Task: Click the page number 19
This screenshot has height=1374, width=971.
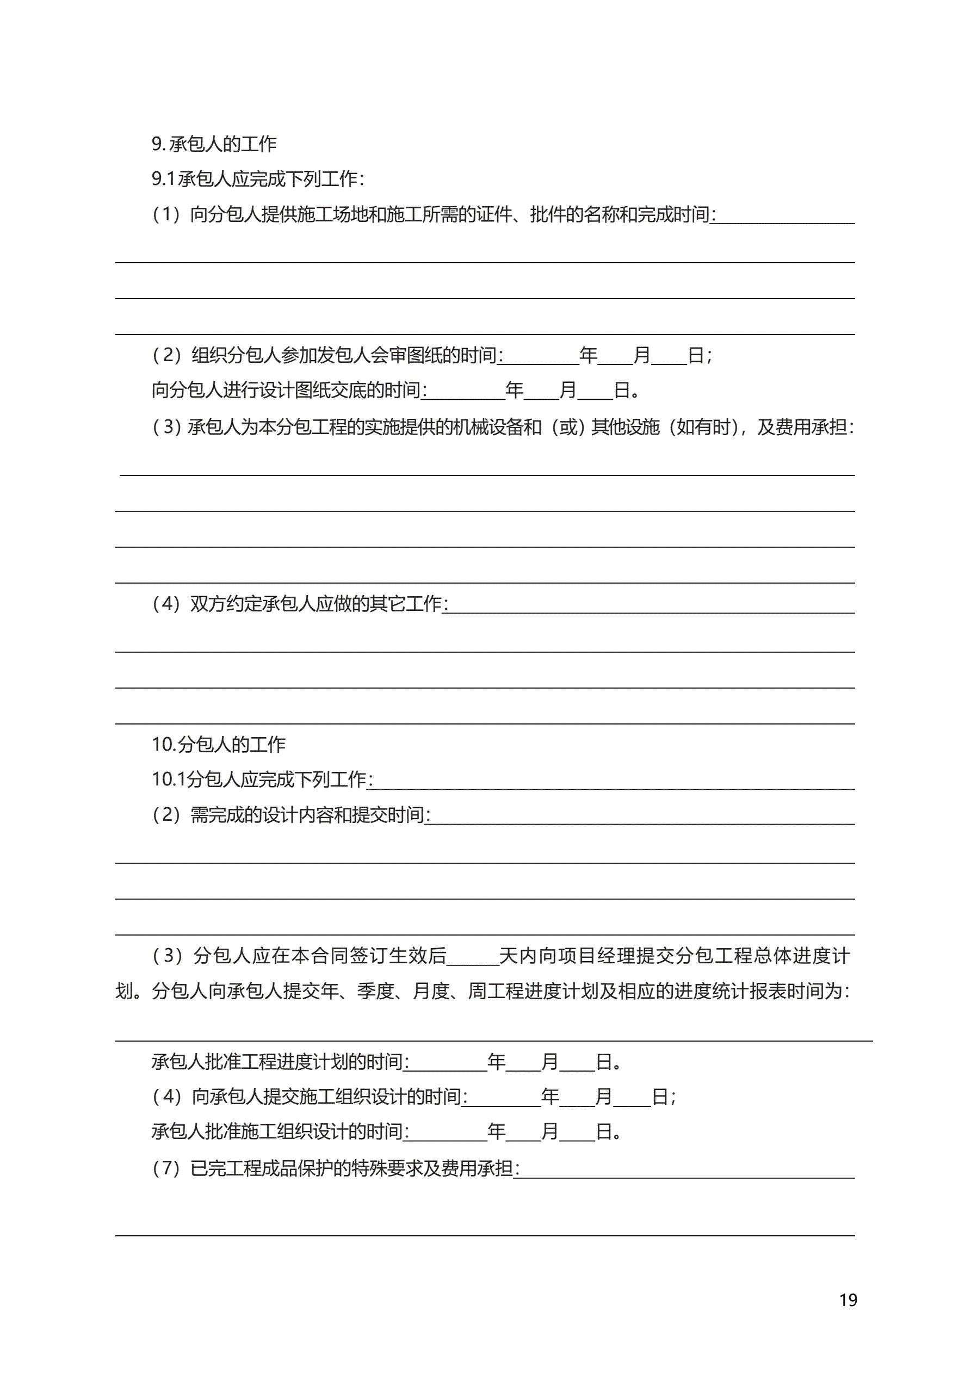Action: coord(848,1300)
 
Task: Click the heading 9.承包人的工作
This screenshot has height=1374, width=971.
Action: coord(214,144)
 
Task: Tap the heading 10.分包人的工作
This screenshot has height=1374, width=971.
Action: coord(219,745)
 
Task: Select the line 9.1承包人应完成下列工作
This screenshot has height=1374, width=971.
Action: coord(257,179)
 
